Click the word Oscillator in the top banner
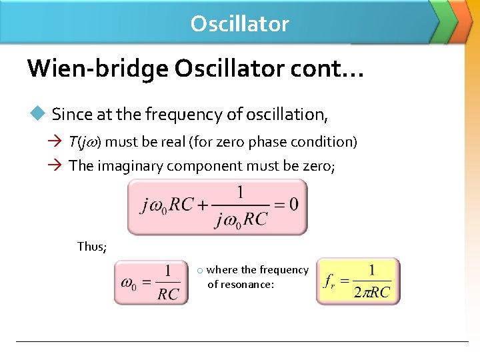click(x=239, y=24)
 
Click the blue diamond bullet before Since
click(x=37, y=114)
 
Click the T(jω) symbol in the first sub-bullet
click(x=85, y=142)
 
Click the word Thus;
click(x=92, y=247)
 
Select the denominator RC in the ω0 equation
click(x=168, y=293)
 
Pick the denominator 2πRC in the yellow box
click(x=372, y=292)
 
